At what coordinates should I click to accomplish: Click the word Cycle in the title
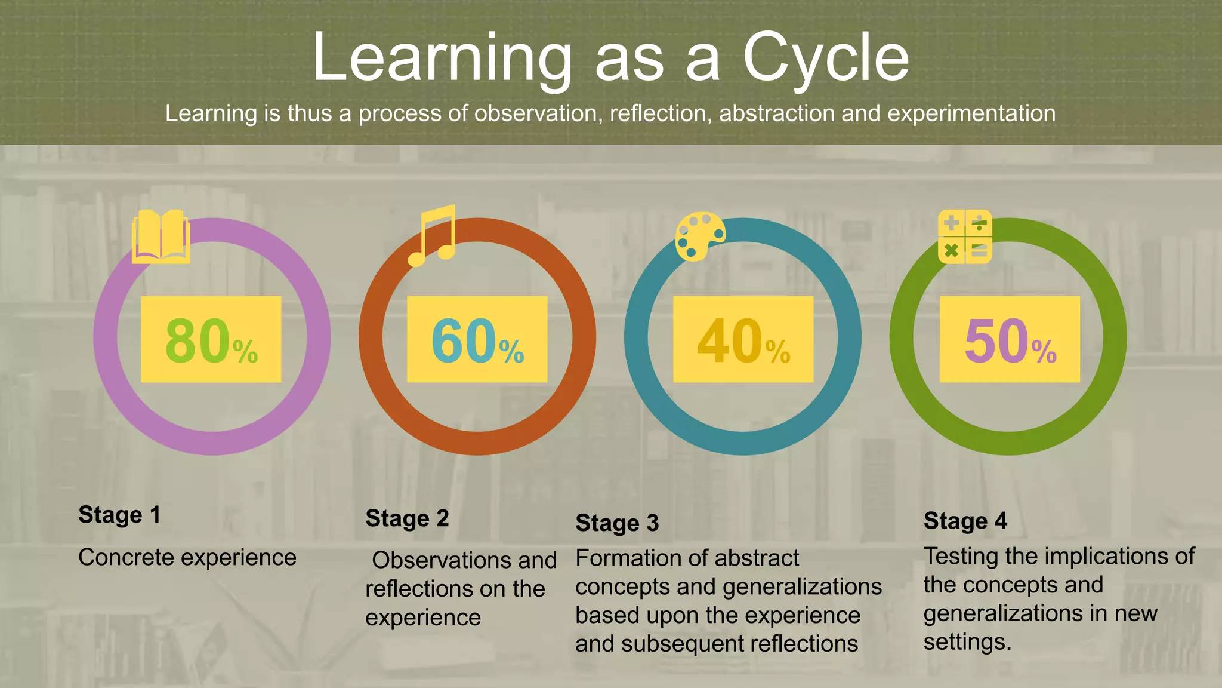pos(826,58)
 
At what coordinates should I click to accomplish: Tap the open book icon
pos(161,237)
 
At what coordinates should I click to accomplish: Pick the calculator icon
pos(965,237)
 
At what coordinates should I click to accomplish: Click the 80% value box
pos(211,339)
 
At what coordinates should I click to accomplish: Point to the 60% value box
pos(477,339)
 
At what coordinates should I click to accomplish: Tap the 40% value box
pos(743,339)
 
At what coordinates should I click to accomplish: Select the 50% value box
pos(1010,339)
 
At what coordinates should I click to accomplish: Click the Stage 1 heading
pos(119,515)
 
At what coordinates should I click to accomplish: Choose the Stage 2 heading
pos(407,519)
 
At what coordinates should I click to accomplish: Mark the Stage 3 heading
pos(617,523)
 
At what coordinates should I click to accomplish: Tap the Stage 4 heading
pos(965,521)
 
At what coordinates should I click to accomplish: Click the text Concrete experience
pos(187,558)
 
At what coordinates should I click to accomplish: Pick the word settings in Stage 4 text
pos(967,643)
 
